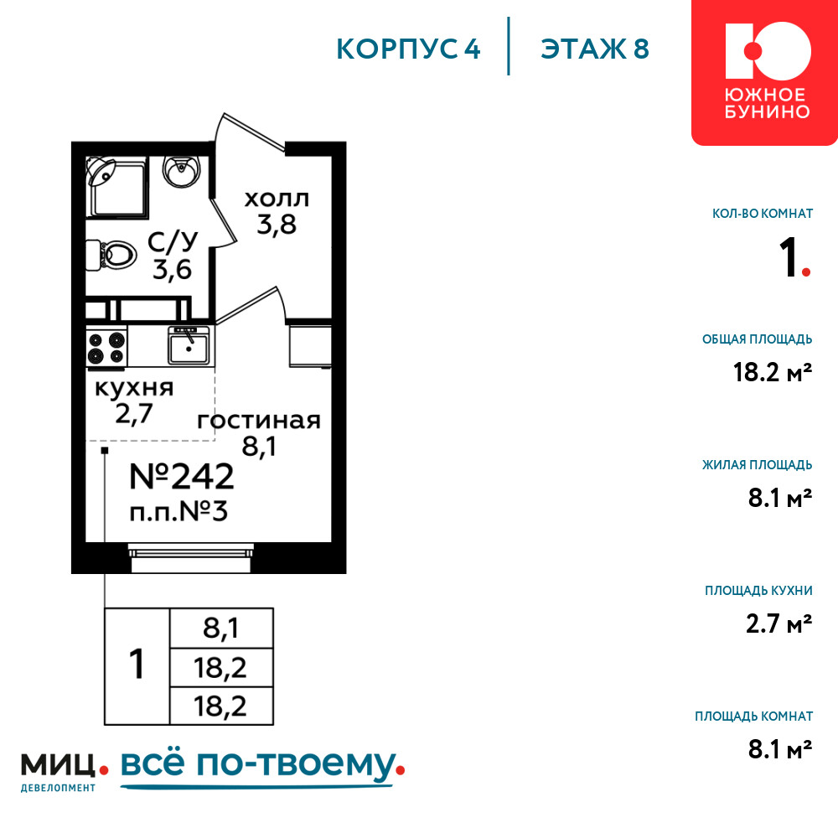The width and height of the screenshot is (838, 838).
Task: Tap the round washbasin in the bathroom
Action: coord(181,171)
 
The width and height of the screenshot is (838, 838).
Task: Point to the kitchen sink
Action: coord(189,345)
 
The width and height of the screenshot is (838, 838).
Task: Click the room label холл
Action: coord(277,199)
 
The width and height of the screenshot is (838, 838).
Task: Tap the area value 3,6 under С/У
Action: coord(172,269)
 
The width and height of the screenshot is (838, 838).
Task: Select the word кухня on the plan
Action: coord(134,388)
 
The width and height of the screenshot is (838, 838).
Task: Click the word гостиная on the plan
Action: coord(259,421)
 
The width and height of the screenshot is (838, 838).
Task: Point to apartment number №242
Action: coord(182,476)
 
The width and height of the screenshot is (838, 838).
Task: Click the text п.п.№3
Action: coord(178,512)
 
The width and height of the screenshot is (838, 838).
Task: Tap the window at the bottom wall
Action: coord(191,558)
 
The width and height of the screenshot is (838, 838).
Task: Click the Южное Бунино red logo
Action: coord(765,72)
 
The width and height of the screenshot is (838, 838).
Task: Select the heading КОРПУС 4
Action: coord(408,49)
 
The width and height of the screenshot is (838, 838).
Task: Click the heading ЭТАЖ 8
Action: coord(595,49)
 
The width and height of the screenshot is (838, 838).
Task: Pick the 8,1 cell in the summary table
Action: coord(220,628)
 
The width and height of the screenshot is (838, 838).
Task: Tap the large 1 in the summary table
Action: coord(137,665)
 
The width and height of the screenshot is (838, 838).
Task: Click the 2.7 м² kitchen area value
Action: coord(779,623)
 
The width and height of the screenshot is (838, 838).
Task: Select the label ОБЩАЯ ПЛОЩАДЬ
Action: coord(757,339)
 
